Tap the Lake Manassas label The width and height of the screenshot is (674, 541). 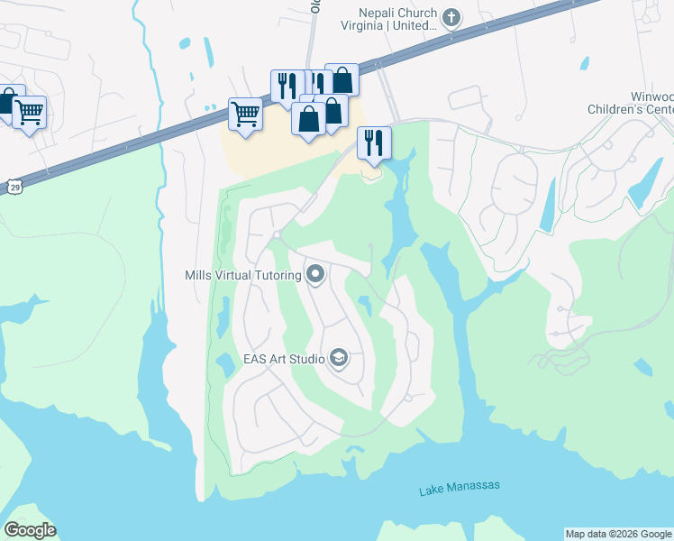click(459, 489)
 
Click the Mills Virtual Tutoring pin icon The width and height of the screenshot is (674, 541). click(315, 273)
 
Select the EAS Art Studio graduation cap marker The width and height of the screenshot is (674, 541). click(339, 359)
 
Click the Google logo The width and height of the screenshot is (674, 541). click(30, 530)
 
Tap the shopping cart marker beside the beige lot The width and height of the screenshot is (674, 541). click(245, 115)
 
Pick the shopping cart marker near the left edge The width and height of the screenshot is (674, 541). click(30, 113)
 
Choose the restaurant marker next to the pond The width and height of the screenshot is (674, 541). click(374, 142)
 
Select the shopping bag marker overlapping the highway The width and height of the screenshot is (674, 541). click(342, 79)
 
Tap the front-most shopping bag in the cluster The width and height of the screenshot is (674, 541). click(308, 119)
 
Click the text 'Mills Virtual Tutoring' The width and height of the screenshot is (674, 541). click(242, 274)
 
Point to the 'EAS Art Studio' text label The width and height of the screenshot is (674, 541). click(284, 359)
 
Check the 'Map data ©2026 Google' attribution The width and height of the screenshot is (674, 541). click(618, 534)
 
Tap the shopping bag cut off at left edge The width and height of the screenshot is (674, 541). click(5, 100)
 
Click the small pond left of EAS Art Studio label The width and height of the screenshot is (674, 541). click(224, 364)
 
